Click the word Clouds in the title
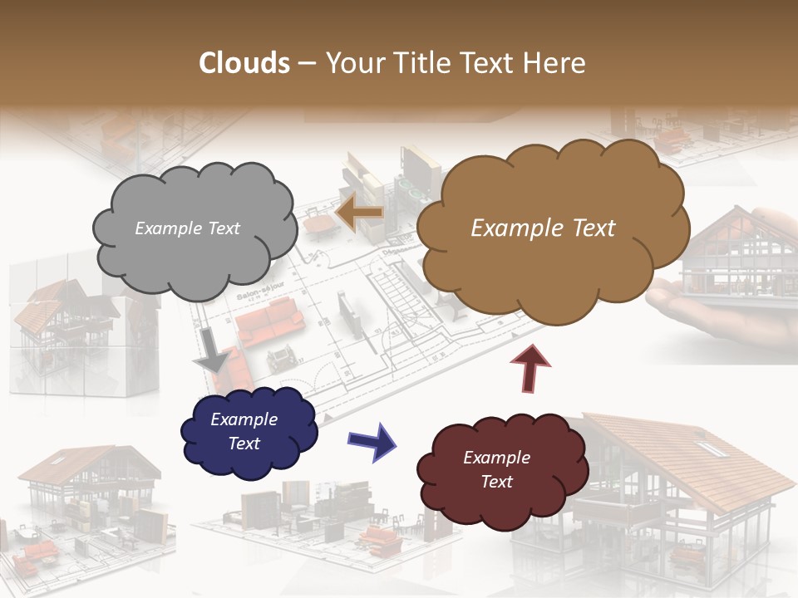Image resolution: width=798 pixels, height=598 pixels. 244,63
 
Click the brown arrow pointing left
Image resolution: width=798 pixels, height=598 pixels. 358,214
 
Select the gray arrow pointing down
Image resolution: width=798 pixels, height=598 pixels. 212,350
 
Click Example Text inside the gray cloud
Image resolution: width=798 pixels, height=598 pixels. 187,228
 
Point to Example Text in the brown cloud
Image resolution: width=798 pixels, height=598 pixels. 543,228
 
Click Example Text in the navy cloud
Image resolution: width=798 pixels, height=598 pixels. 244,431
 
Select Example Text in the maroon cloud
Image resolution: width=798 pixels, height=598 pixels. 496,469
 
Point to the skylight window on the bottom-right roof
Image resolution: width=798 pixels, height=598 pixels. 710,448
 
